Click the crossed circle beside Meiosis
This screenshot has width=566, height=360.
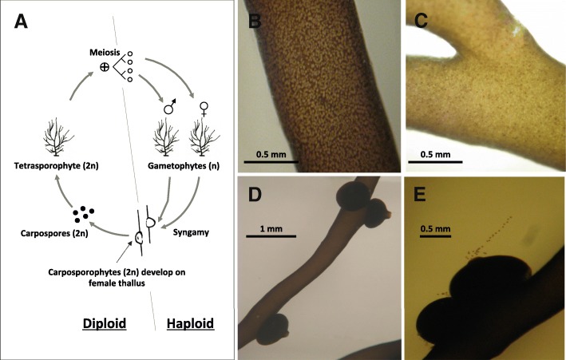[105, 67]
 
